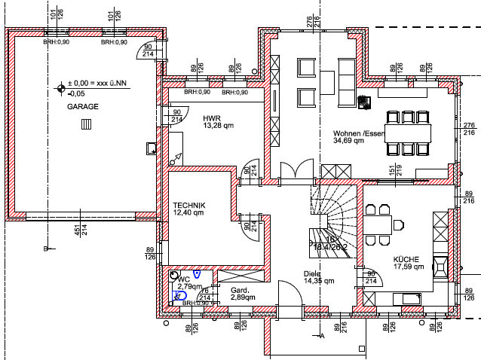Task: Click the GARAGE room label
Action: (x=83, y=108)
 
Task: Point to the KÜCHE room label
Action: (x=406, y=258)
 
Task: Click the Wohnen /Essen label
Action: (x=360, y=133)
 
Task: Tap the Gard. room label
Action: (x=239, y=290)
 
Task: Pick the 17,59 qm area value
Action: (x=409, y=266)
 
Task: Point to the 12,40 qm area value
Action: (x=188, y=213)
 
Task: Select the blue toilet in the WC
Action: (x=180, y=295)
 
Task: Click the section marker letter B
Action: (x=46, y=248)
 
